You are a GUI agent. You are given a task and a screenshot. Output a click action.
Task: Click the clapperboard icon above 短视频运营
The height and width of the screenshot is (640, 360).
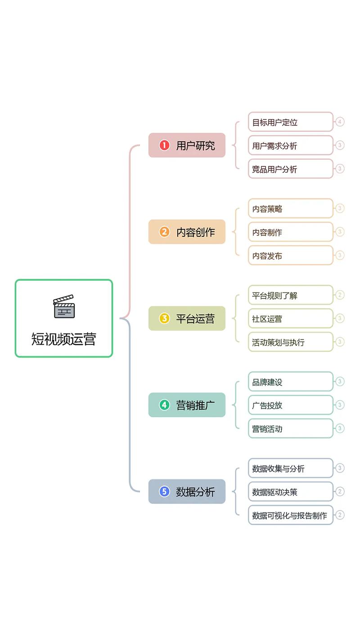[x=63, y=306]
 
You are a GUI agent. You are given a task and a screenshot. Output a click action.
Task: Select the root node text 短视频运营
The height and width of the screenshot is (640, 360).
[x=63, y=339]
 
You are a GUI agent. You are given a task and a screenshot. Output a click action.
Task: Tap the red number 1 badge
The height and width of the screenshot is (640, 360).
[x=164, y=145]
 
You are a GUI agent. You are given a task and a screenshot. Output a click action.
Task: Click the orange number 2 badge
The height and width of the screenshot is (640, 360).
[x=164, y=232]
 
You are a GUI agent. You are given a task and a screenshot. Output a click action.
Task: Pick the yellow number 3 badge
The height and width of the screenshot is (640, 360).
[x=164, y=319]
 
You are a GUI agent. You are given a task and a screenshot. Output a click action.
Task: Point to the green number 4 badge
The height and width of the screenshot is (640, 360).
[x=164, y=405]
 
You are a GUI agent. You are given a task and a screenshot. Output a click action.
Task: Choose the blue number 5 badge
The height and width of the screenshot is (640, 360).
[x=164, y=491]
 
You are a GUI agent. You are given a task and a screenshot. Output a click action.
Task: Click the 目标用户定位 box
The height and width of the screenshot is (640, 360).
[x=290, y=122]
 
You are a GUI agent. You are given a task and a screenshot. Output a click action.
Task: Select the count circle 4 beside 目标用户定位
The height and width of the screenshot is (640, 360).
[x=340, y=122]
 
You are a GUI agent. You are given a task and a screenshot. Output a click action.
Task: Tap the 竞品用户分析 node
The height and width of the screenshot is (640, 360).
[x=290, y=169]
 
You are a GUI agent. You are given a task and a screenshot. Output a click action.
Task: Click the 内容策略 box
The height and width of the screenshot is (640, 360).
[x=290, y=208]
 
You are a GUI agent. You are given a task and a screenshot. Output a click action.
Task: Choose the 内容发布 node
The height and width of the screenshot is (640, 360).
[x=290, y=256]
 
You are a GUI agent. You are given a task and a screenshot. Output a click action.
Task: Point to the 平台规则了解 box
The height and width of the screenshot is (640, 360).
[x=290, y=295]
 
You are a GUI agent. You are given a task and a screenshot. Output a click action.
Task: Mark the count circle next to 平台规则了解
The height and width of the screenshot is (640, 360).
[x=340, y=295]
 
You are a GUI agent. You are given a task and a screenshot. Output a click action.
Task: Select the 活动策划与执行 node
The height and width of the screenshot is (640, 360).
[x=290, y=342]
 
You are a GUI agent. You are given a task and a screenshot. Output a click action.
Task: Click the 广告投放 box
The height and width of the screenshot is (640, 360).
[x=290, y=405]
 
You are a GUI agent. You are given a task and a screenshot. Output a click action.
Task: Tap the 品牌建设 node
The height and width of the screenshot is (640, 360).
[x=290, y=382]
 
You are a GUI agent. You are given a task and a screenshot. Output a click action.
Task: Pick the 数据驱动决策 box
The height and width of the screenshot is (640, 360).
[x=290, y=492]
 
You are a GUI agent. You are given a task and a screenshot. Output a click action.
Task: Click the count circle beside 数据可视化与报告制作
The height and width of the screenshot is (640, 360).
[x=340, y=515]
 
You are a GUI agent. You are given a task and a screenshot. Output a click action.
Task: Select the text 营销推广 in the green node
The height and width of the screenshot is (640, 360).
[x=195, y=405]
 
